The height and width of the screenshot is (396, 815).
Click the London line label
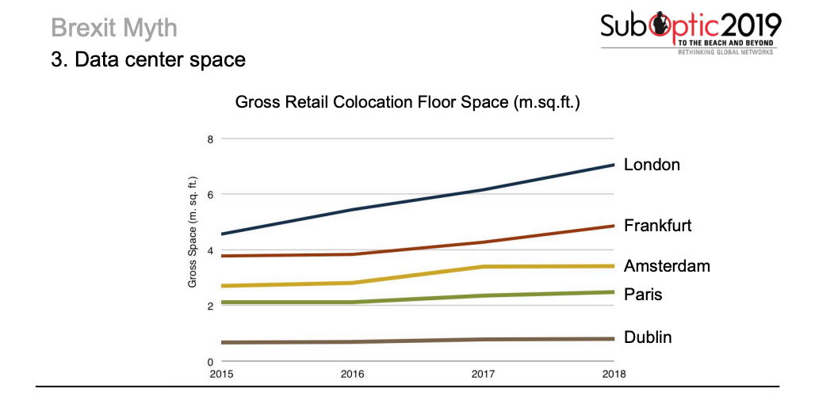[652, 165]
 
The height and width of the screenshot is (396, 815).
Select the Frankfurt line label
[657, 225]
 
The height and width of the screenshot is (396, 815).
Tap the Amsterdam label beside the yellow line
[667, 265]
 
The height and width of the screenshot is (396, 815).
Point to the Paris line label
[643, 295]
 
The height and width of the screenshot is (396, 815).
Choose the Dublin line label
[648, 337]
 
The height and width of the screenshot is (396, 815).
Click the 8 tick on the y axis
[210, 139]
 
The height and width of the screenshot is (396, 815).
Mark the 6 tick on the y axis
[210, 195]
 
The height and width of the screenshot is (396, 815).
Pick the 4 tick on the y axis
[210, 251]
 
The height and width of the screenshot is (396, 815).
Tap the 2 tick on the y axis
[210, 307]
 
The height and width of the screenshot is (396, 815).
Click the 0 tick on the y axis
[210, 362]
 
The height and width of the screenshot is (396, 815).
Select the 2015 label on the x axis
[221, 374]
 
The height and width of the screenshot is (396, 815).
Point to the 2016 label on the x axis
[353, 374]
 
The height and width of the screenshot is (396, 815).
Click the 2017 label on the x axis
[484, 374]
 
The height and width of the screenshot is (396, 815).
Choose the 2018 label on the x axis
[614, 374]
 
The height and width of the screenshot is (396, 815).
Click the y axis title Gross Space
[193, 232]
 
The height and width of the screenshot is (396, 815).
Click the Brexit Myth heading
[113, 29]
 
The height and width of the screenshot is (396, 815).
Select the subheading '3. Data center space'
[148, 59]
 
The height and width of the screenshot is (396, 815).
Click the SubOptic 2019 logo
[691, 26]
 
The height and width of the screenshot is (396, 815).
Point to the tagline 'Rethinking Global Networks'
[725, 52]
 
